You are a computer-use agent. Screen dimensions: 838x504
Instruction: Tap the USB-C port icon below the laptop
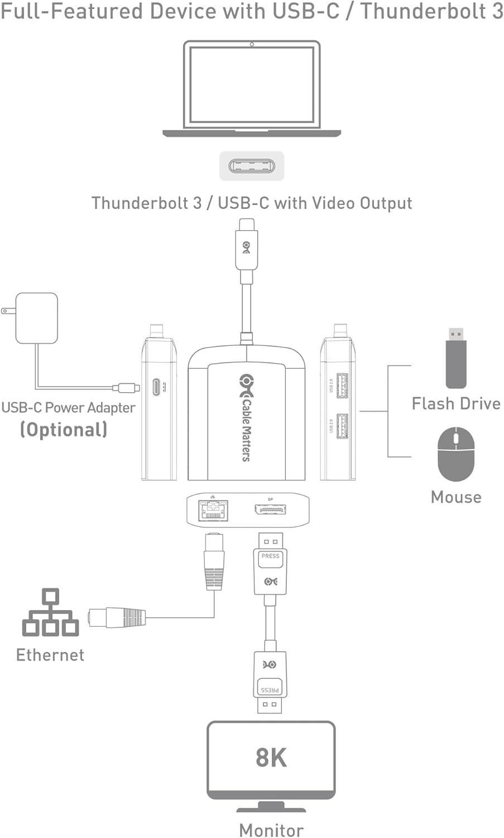point(251,166)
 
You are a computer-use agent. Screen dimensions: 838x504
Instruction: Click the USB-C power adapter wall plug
point(36,317)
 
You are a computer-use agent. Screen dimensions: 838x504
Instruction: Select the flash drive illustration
point(456,358)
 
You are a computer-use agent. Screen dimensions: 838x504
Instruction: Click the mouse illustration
point(456,454)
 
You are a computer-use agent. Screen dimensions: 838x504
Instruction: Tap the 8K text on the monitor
point(271,758)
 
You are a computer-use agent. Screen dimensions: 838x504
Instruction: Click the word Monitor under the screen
point(271,830)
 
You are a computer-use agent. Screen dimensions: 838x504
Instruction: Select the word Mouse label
point(456,497)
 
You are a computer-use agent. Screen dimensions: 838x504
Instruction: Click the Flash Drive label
point(456,403)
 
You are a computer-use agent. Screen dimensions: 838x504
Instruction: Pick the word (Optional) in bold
point(64,430)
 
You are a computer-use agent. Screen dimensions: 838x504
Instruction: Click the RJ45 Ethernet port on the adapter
point(213,510)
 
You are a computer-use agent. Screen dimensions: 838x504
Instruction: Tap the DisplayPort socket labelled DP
point(271,510)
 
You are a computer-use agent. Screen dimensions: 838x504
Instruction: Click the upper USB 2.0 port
point(342,385)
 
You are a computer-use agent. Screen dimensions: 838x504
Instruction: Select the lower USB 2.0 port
point(342,426)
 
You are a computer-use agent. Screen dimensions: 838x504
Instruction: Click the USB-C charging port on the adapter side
point(156,386)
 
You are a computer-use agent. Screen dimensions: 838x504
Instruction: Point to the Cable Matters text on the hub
point(246,427)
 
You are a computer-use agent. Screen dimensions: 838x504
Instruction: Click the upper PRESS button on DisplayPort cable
point(271,557)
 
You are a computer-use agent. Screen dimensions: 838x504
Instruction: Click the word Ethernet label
point(50,655)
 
